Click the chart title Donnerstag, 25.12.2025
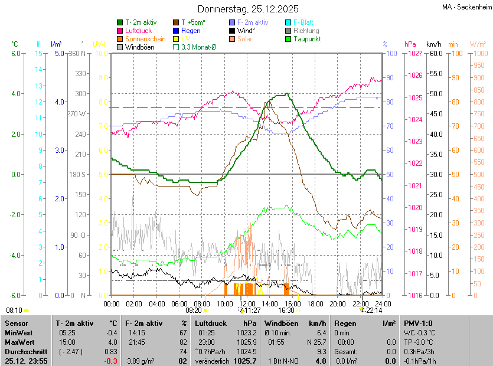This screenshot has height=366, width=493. click(248, 9)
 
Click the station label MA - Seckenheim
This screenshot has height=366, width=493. click(466, 6)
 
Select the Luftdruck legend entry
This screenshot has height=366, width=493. click(138, 31)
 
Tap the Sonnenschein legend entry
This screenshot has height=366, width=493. click(145, 39)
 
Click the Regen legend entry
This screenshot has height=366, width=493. click(191, 31)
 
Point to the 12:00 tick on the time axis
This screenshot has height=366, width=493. click(247, 303)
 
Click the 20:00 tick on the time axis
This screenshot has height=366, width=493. click(338, 303)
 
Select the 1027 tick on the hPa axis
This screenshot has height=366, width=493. click(414, 54)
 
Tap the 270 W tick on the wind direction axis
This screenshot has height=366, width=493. click(77, 113)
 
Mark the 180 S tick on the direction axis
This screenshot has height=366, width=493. click(77, 174)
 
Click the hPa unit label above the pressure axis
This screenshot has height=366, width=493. click(410, 44)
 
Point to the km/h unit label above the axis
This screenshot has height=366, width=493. click(434, 44)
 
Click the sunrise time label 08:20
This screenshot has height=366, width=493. click(194, 310)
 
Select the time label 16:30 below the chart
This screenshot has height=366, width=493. click(286, 310)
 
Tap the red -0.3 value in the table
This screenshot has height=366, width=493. click(111, 361)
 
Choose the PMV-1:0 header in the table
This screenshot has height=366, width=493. click(418, 323)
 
